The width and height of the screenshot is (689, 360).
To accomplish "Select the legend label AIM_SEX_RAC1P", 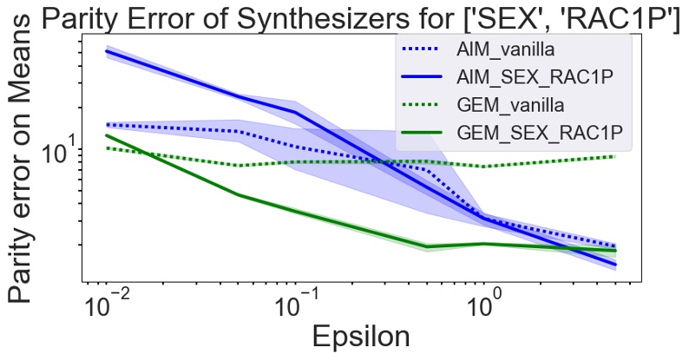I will click(535, 76).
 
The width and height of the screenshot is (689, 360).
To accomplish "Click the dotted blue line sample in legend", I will click(421, 49).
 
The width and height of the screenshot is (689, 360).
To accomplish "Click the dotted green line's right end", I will click(614, 156).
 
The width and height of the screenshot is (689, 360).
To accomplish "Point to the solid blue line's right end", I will click(614, 265).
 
